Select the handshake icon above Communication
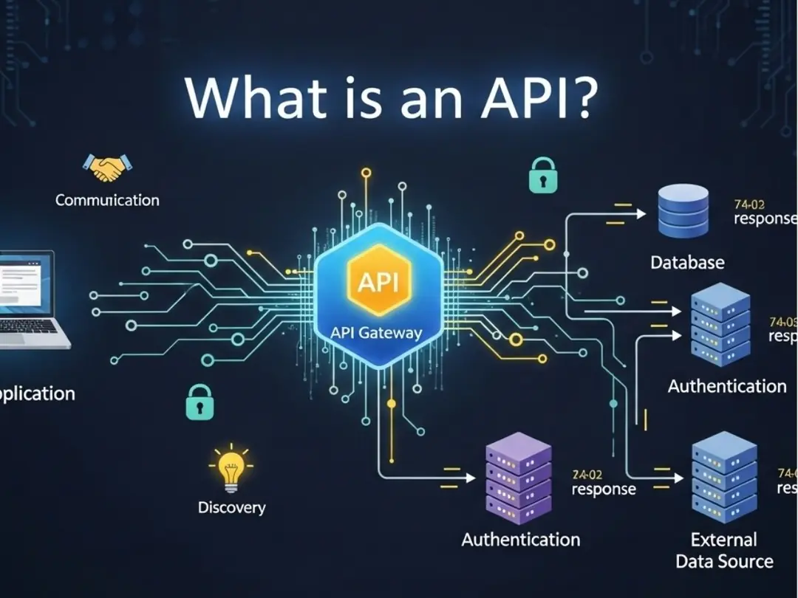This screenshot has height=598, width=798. (x=107, y=168)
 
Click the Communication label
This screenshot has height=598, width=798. (x=107, y=200)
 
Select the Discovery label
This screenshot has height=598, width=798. (x=231, y=508)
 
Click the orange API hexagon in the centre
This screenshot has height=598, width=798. (x=378, y=281)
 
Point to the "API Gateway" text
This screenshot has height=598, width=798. (x=376, y=332)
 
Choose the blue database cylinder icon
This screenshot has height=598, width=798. (x=683, y=211)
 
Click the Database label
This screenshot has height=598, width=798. (x=687, y=262)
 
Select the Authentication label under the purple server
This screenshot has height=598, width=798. (x=520, y=540)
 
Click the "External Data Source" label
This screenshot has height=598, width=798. (x=724, y=551)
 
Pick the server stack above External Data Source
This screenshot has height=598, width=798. (x=724, y=477)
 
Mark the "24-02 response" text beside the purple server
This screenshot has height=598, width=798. (x=603, y=483)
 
